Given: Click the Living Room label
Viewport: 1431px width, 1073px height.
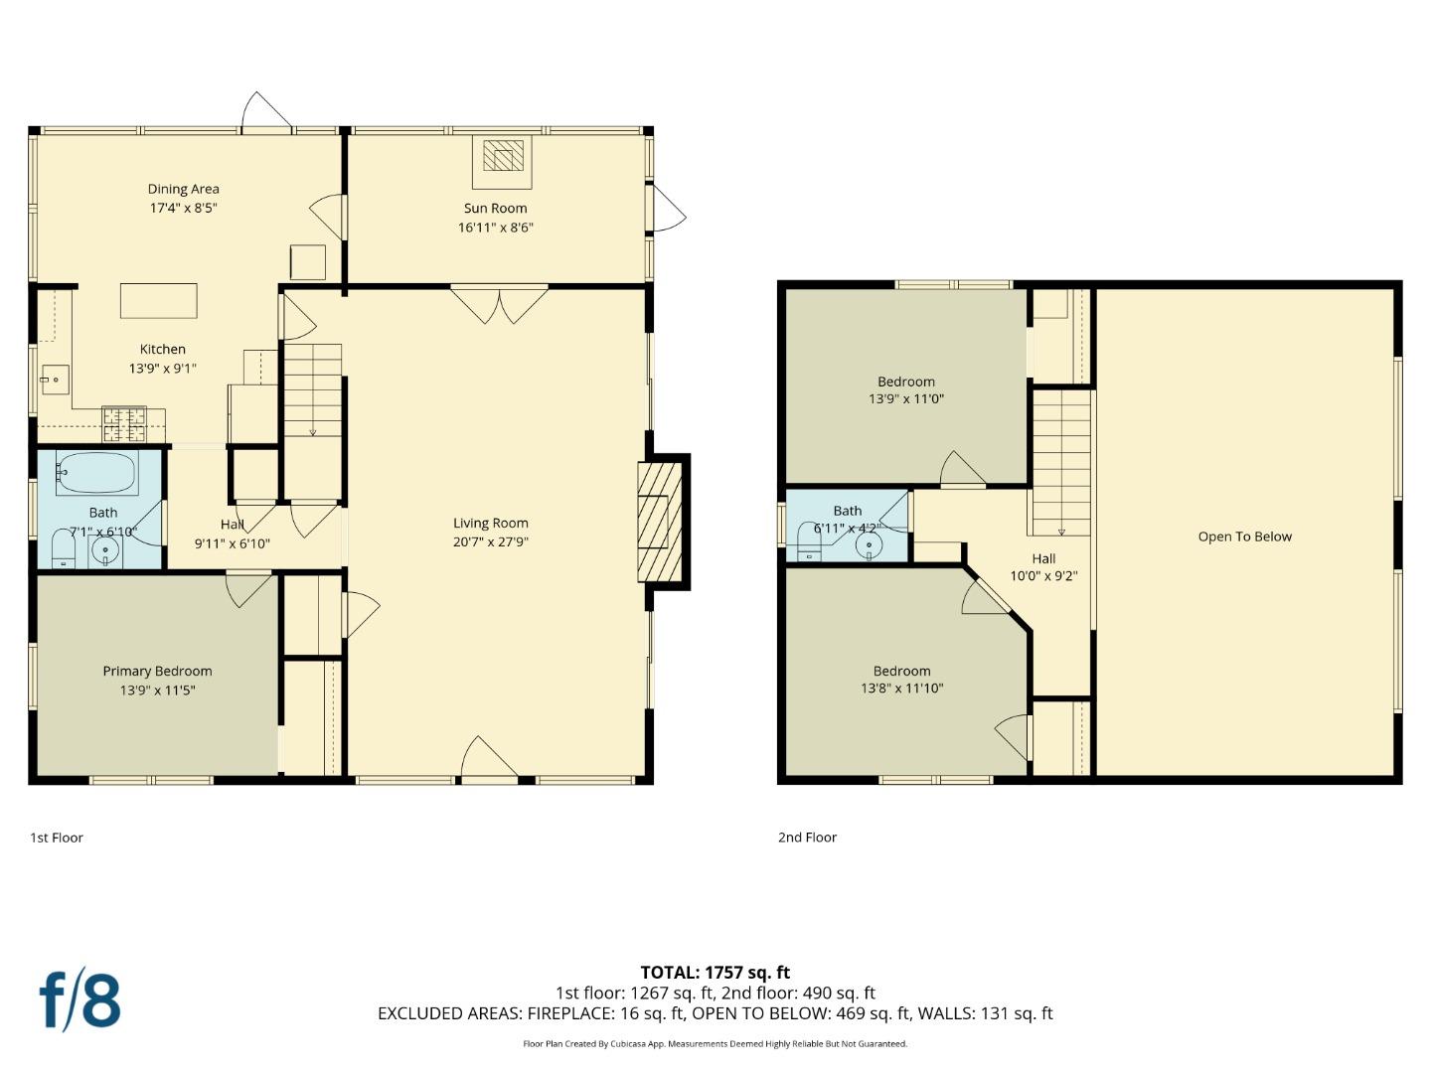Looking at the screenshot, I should (x=491, y=524).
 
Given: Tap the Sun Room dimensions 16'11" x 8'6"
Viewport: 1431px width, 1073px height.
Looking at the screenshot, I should (x=496, y=228).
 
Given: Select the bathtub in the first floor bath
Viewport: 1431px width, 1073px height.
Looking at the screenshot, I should (x=96, y=474).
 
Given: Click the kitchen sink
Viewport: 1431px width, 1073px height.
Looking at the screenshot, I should (x=54, y=379).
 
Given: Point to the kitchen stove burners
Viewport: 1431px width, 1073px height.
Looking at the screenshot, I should (x=124, y=425).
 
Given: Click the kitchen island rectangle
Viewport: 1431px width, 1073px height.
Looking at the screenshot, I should (x=159, y=300).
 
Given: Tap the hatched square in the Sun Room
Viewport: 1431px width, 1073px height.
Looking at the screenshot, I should (x=503, y=157).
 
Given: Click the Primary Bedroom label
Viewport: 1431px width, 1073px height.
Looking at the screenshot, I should (x=157, y=672).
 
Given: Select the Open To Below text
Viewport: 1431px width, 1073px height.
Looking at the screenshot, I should (x=1244, y=536).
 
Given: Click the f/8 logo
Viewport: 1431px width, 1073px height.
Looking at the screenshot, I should (x=79, y=1000).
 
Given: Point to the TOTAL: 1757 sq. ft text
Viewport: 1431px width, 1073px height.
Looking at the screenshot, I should (x=715, y=973).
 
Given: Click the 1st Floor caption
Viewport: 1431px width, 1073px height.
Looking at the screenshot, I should (x=57, y=838).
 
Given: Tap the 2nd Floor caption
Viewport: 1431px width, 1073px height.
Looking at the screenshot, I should (x=807, y=838).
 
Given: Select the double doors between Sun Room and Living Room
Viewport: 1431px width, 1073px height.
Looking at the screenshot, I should (x=499, y=303).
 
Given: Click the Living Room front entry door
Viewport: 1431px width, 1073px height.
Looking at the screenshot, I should (x=488, y=759).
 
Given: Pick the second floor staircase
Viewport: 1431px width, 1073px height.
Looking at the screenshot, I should (x=1061, y=462).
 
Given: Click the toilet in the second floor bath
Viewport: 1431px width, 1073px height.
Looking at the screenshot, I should (x=809, y=543).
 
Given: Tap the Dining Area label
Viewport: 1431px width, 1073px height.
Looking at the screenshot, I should (x=184, y=189).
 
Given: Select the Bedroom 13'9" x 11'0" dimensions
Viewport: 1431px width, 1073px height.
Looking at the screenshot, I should (x=906, y=399).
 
